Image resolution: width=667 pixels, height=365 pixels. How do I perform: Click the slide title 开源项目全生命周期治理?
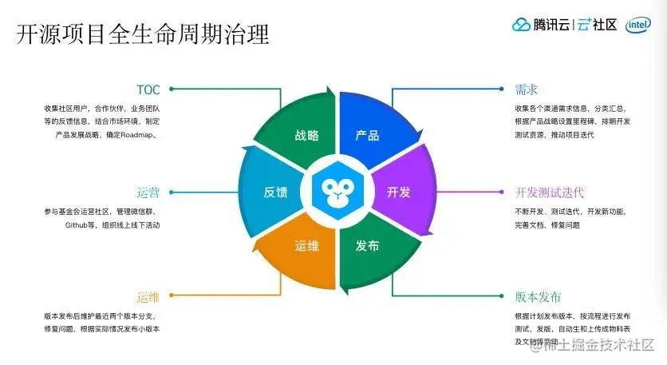point(143,34)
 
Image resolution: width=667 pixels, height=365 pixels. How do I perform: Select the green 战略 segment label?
point(306,135)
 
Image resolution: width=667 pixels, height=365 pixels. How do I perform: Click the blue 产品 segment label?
point(367,135)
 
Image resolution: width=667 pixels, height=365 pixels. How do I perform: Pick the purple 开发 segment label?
point(398,192)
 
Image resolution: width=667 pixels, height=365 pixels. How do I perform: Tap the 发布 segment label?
point(367,245)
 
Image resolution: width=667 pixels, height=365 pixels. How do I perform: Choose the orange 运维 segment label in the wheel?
point(306,245)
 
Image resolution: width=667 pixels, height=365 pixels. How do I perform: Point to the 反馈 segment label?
point(275,192)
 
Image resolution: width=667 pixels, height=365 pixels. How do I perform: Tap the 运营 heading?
point(148,192)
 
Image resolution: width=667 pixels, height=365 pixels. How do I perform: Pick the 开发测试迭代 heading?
point(550,192)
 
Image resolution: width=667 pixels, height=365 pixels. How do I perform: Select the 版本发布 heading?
point(539,296)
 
